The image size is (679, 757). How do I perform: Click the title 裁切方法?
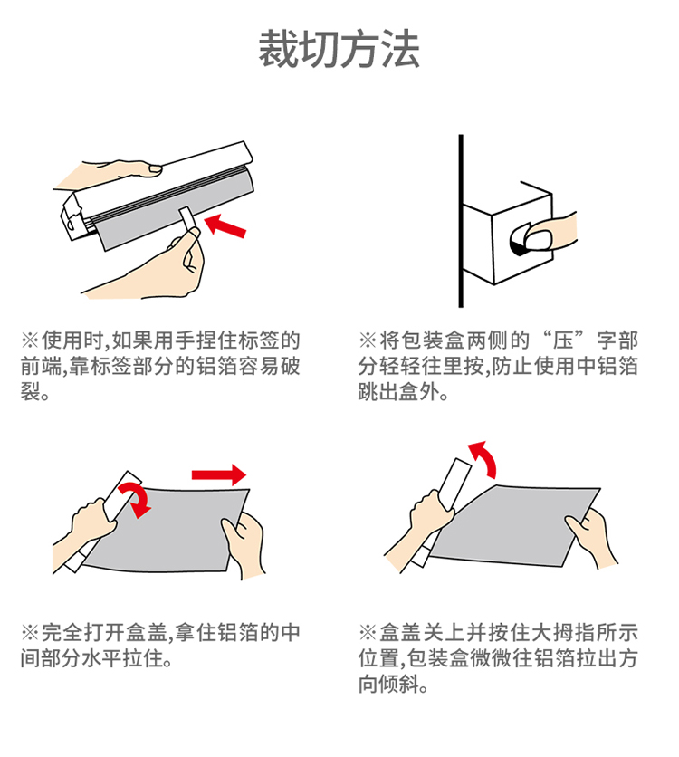339,48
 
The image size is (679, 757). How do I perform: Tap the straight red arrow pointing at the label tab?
225,225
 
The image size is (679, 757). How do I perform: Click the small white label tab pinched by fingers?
188,220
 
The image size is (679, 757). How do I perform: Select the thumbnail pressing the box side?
539,239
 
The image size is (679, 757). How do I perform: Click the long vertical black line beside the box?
461,221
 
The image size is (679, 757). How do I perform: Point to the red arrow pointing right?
219,474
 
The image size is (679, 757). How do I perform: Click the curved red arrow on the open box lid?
136,499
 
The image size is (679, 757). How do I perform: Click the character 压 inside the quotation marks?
563,340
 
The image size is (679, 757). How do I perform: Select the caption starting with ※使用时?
160,366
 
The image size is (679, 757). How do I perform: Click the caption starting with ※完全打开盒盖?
160,645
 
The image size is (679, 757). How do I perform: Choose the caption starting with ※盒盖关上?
498,658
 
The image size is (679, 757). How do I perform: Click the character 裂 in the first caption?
30,391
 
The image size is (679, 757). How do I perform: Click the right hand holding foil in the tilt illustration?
591,537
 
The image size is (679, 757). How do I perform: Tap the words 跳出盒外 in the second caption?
398,391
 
